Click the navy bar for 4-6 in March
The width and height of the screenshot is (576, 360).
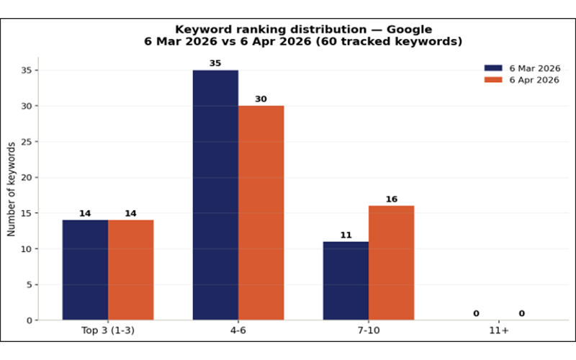[x=215, y=195]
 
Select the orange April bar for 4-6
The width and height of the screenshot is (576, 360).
[x=261, y=212]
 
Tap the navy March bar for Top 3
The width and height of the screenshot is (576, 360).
[x=85, y=270]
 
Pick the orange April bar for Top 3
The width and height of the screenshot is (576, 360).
[x=131, y=270]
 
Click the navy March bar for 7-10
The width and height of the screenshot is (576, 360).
[x=346, y=281]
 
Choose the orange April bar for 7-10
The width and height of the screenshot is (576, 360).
[x=392, y=263]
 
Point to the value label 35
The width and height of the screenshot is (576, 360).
[x=215, y=63]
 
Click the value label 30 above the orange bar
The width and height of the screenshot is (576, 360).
[x=261, y=99]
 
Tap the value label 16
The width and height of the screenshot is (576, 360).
[x=392, y=199]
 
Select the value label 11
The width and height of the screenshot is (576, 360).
[x=346, y=235]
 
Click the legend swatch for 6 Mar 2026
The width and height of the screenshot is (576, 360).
[x=493, y=68]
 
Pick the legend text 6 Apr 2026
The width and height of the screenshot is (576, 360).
[x=534, y=80]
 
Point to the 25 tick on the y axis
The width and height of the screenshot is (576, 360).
[x=27, y=141]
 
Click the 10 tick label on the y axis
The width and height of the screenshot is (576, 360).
[x=27, y=248]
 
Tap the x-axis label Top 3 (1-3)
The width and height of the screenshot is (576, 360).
[x=108, y=330]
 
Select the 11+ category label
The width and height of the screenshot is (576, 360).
[x=499, y=330]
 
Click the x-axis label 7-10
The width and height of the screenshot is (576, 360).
[x=369, y=330]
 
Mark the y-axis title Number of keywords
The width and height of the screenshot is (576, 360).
[x=12, y=189]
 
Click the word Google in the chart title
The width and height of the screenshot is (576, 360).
[x=409, y=30]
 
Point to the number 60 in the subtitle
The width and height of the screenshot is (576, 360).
[x=328, y=41]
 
